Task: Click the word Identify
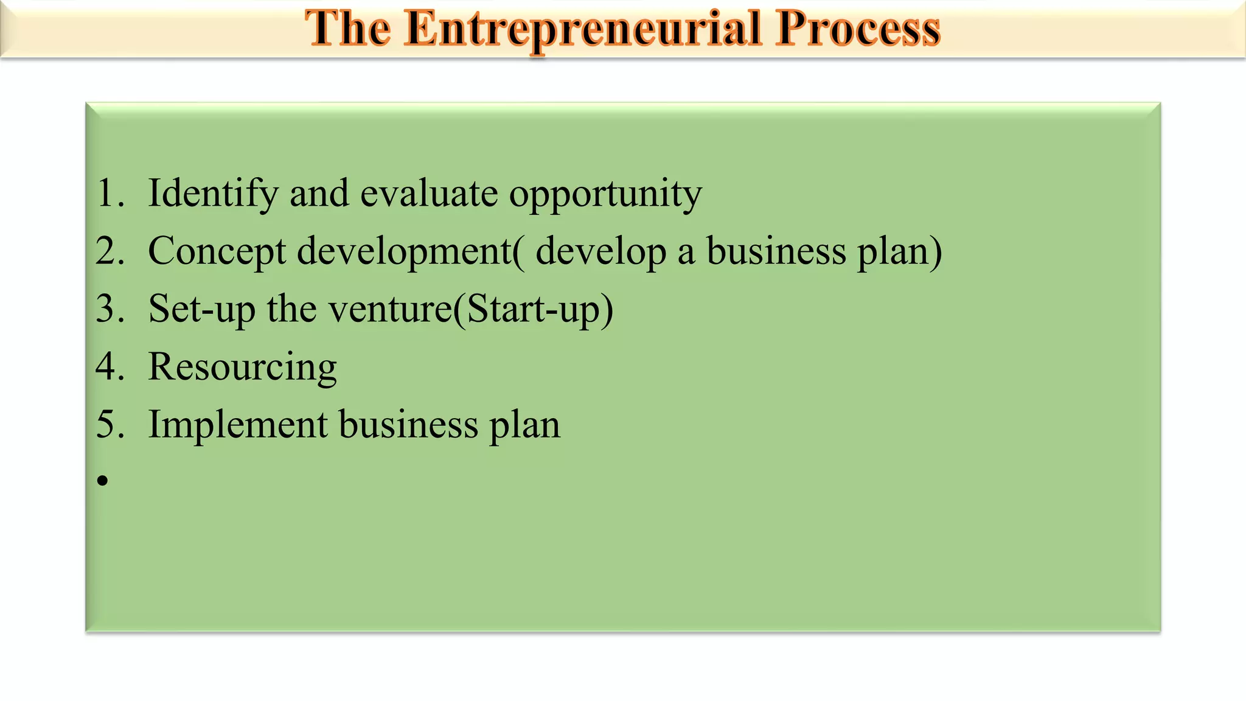pos(213,194)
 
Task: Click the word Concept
pos(217,251)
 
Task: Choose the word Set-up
pos(201,309)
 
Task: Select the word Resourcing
pos(242,368)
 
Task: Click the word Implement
pos(238,424)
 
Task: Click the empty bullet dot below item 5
pos(102,481)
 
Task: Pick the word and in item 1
pos(319,194)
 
